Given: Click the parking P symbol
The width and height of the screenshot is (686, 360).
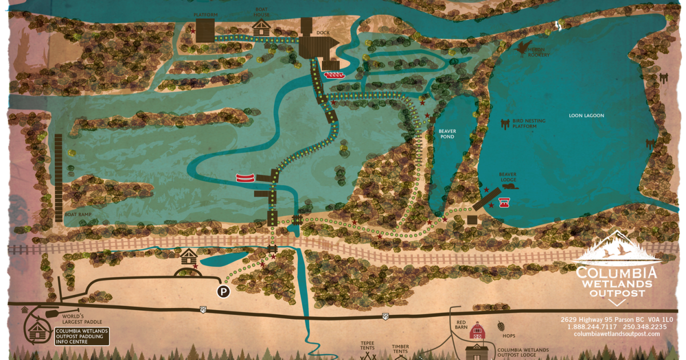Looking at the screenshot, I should [223, 291].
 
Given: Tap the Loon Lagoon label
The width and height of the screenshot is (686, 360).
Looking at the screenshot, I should [586, 116].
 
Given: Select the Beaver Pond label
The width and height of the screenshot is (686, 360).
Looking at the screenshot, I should [447, 134].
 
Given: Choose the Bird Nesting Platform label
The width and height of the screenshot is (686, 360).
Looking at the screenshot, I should [529, 123].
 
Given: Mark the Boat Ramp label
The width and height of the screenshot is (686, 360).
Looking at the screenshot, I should [78, 215].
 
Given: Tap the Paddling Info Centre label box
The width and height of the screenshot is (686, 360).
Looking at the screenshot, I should [81, 337].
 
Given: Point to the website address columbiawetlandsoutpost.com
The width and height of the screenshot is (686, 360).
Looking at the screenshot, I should [616, 334].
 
